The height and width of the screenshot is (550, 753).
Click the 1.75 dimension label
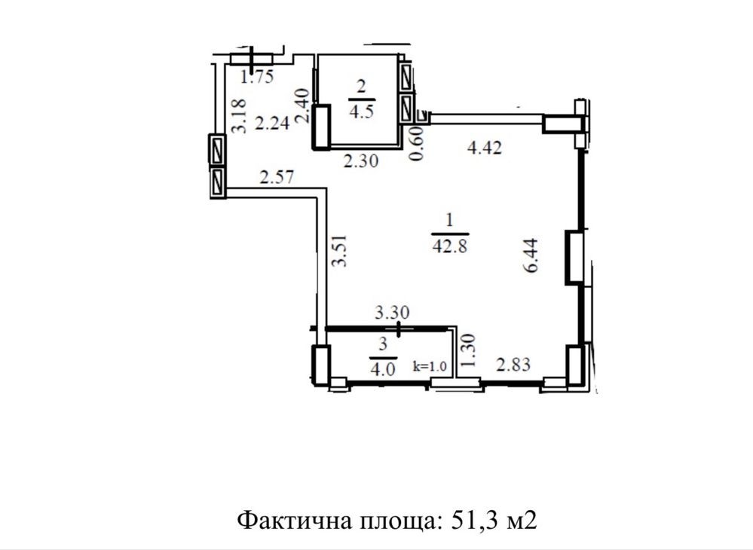(257, 77)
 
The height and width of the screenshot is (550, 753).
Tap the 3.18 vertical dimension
(239, 116)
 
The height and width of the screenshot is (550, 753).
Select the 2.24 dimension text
(272, 123)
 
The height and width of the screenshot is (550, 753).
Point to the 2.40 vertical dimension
(302, 106)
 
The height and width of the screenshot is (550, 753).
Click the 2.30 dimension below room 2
(360, 160)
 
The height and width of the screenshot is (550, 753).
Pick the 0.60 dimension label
(416, 143)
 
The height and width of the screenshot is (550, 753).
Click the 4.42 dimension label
(484, 148)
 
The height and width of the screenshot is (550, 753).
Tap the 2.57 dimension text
(276, 178)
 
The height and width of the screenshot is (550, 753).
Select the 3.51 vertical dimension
(339, 249)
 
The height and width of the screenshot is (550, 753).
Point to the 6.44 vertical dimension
(531, 255)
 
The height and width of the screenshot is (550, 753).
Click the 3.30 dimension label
(392, 313)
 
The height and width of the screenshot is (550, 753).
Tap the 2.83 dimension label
(513, 365)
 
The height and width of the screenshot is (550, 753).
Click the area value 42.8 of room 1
(450, 246)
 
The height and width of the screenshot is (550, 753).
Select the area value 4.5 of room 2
(361, 112)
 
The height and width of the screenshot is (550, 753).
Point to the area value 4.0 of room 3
(383, 369)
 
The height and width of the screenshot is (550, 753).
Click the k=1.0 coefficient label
(430, 367)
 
